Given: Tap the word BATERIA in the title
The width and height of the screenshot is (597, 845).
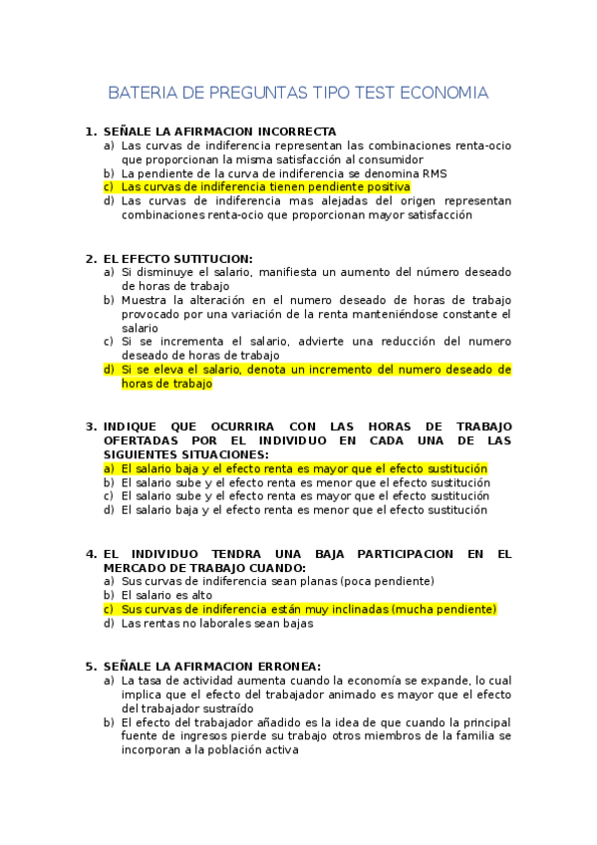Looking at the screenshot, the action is click(x=142, y=94).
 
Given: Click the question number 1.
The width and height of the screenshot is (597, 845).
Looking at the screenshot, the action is click(x=90, y=132).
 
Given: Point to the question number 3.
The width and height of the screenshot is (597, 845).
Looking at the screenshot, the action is click(x=90, y=425).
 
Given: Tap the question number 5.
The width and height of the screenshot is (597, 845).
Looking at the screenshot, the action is click(x=90, y=666).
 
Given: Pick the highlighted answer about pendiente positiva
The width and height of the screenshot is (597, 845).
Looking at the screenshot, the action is click(x=265, y=186).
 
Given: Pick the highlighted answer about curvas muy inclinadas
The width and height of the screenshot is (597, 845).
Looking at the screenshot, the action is click(x=308, y=609).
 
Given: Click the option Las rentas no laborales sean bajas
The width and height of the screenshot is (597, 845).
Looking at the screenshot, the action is click(x=216, y=624).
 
